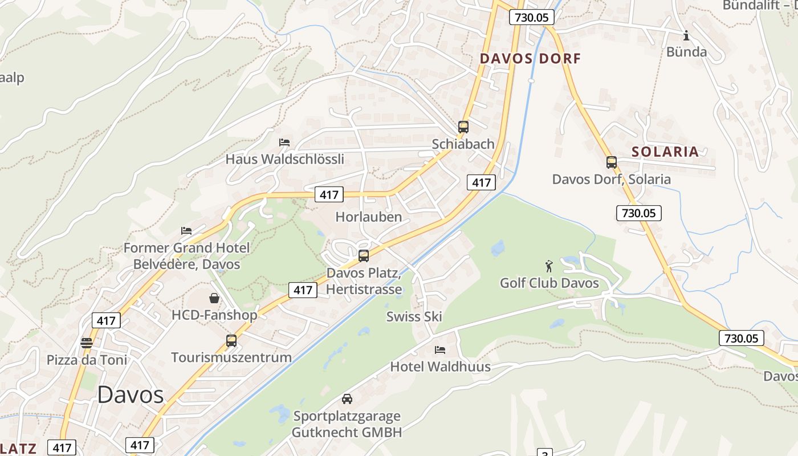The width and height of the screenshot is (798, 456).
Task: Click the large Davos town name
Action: (130, 394)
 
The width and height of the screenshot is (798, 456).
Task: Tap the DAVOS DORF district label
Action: (530, 58)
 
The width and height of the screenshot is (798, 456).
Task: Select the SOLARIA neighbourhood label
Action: (665, 152)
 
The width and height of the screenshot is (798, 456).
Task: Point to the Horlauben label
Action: (369, 217)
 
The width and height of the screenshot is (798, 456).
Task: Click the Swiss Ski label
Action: (414, 317)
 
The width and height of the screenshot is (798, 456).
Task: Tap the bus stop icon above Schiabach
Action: (463, 127)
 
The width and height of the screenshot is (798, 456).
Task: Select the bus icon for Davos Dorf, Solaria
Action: (612, 162)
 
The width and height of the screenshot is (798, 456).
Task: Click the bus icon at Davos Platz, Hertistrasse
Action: (364, 256)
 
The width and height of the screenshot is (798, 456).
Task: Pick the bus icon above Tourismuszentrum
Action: (231, 341)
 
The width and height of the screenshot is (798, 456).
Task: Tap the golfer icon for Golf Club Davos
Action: (549, 266)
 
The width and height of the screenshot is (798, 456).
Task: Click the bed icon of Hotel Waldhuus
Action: (440, 349)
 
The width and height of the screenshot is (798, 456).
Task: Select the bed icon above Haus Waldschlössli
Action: (284, 142)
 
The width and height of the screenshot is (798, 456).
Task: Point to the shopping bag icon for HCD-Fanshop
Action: (214, 298)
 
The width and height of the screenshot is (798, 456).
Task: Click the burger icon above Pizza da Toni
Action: (87, 343)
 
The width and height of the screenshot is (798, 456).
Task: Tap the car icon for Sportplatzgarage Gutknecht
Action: (347, 399)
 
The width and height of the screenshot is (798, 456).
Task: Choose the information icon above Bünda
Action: (686, 35)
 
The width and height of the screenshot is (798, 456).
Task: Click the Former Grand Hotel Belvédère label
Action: (186, 256)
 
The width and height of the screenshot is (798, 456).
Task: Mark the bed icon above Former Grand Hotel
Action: (186, 231)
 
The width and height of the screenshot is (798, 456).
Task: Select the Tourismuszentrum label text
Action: (231, 357)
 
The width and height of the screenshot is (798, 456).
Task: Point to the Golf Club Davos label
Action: (549, 283)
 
